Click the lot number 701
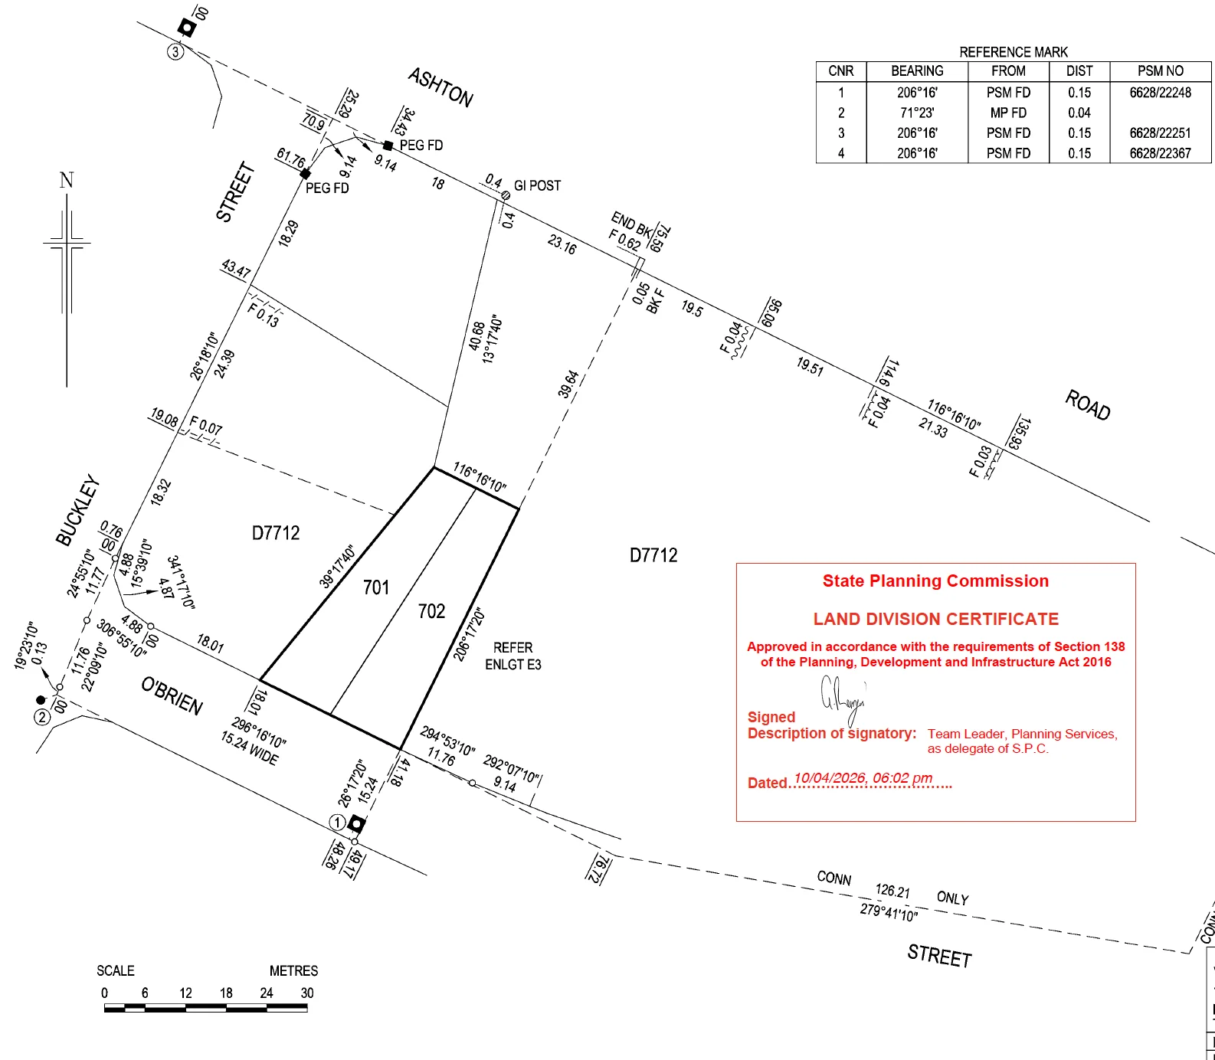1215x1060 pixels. coord(376,587)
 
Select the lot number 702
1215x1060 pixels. coord(431,611)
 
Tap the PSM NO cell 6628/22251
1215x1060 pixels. coord(1160,132)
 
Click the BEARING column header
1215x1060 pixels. coord(917,71)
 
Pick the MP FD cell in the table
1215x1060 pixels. coord(1008,113)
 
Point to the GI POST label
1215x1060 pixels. coord(537,185)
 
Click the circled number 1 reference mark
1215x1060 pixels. coord(336,823)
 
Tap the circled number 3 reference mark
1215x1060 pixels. coord(175,52)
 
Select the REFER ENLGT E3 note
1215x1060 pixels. coord(513,656)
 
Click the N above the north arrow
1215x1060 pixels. coord(67,181)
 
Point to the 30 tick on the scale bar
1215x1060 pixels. coord(307,993)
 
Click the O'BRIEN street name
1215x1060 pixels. coord(172,695)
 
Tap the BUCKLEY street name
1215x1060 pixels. coord(78,510)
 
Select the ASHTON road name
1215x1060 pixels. coord(440,87)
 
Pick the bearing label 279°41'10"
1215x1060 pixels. coord(889,912)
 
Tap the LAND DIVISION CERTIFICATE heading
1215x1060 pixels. coord(936,619)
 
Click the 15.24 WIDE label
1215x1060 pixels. coord(250,748)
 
